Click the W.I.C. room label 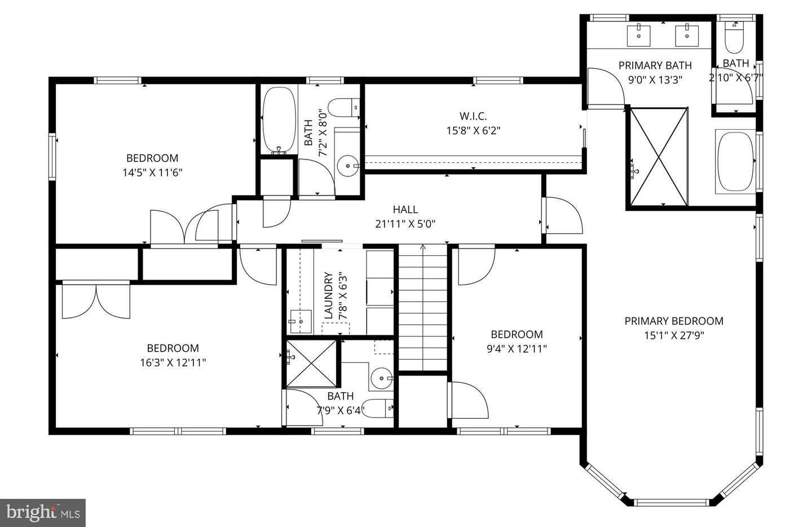(473, 116)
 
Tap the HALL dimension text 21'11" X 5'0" (405, 224)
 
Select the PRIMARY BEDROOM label (674, 321)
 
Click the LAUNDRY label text (328, 295)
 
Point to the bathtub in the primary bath (735, 161)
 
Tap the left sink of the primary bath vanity (638, 35)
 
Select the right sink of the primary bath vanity (687, 35)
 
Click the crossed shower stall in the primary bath (659, 157)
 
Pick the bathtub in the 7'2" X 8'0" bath (279, 120)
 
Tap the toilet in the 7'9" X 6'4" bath (377, 408)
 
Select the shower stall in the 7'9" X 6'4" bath (311, 364)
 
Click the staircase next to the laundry (423, 307)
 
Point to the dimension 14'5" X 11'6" (152, 172)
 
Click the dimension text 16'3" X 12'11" (173, 362)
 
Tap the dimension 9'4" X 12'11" (517, 349)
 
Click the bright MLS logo (43, 513)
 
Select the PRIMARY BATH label (655, 65)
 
